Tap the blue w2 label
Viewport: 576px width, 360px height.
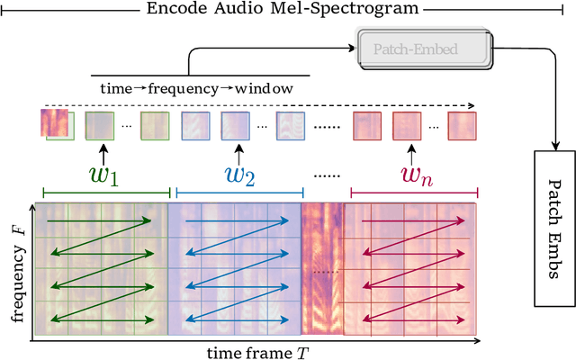pyautogui.click(x=238, y=175)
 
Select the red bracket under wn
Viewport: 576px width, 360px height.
pyautogui.click(x=413, y=193)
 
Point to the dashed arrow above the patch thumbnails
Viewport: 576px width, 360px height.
pyautogui.click(x=261, y=105)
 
